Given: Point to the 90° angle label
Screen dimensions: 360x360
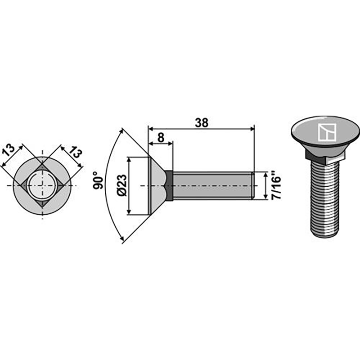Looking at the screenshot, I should (99, 180).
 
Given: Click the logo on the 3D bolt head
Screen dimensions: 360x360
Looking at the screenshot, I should (325, 132).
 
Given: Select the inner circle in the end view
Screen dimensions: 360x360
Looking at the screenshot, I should (42, 185).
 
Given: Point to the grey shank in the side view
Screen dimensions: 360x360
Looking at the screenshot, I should (211, 185).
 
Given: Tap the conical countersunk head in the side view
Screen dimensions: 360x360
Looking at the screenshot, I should (155, 185).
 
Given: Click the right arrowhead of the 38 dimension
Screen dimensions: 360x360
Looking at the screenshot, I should (252, 129).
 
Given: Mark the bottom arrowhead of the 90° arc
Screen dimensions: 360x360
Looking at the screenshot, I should (122, 242).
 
